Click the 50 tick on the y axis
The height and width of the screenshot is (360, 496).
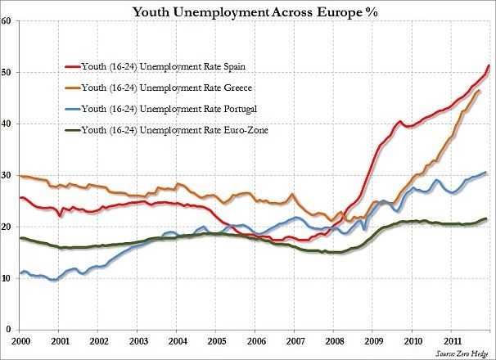[x=6, y=72]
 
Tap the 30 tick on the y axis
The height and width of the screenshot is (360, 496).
[x=6, y=175]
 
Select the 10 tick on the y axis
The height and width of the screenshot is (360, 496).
[x=6, y=278]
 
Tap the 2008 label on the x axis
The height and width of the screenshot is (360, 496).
[x=334, y=340]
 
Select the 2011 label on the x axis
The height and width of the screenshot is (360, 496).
[x=453, y=340]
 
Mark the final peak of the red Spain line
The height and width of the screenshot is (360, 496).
[x=489, y=65]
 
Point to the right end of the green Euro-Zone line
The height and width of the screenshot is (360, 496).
[x=488, y=218]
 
